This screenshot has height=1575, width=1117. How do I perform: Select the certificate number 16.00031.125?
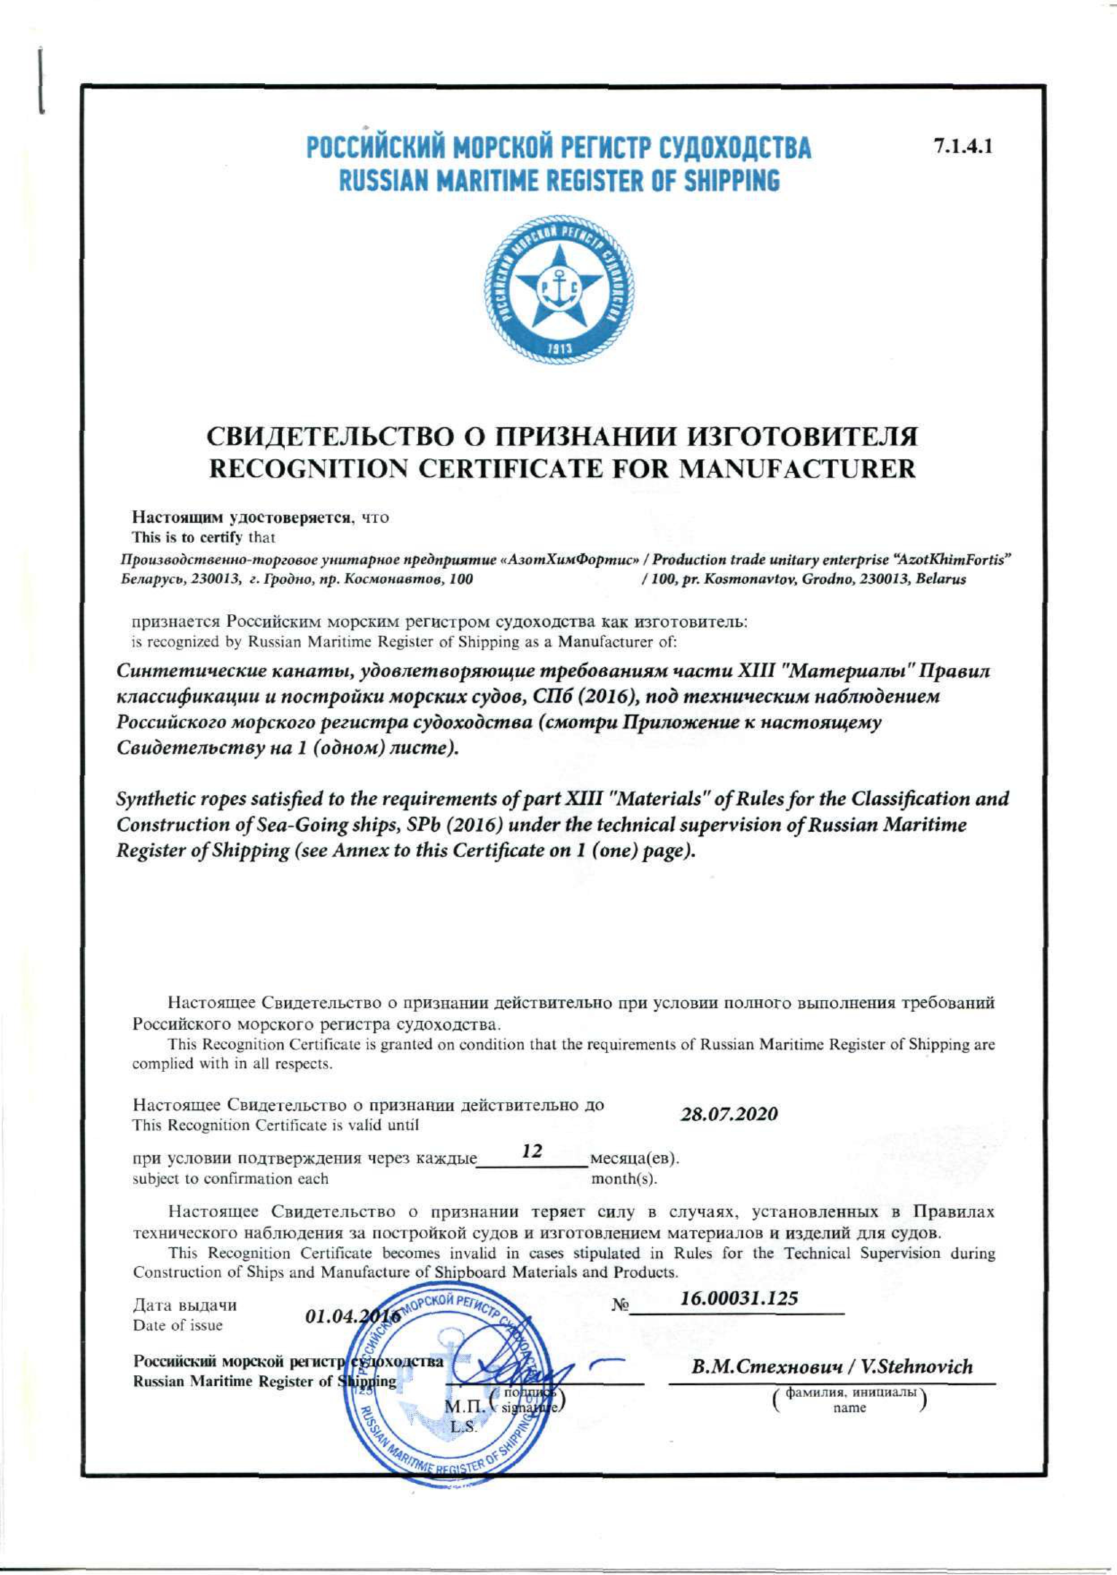click(x=739, y=1298)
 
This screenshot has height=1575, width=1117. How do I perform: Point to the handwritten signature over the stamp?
click(x=513, y=1369)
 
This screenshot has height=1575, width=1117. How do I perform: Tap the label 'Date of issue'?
click(x=177, y=1325)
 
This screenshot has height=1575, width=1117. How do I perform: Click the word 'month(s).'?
click(x=624, y=1179)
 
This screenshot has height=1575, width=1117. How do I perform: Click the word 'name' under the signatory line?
click(x=849, y=1408)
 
